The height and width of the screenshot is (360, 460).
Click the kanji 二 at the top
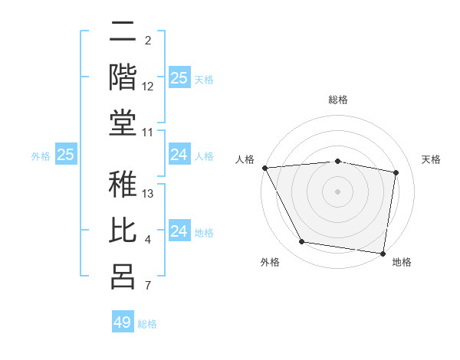(x=123, y=33)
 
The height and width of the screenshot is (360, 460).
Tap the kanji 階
(x=123, y=77)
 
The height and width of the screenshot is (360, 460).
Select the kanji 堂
(x=123, y=123)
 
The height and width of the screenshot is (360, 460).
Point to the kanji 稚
(x=123, y=186)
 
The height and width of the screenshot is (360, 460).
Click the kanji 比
(x=123, y=231)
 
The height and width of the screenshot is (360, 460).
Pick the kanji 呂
(x=123, y=277)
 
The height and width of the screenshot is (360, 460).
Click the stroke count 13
(x=149, y=194)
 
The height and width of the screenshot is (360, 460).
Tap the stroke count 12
(x=149, y=86)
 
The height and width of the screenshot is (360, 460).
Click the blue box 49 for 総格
(x=123, y=322)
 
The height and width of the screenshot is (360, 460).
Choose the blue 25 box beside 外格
(x=66, y=155)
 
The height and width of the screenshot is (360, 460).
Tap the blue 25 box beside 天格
(x=179, y=78)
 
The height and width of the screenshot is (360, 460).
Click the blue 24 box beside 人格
(x=179, y=155)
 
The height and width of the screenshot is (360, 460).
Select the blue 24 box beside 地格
(x=179, y=231)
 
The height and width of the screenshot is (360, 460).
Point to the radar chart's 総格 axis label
(x=337, y=100)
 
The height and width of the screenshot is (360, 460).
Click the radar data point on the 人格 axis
(x=264, y=168)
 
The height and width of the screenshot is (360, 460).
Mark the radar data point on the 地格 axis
(x=383, y=253)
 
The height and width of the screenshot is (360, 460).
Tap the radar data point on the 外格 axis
(x=301, y=242)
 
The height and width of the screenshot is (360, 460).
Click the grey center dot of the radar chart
(x=337, y=191)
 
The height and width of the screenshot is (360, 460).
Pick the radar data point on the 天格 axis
(x=396, y=172)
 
